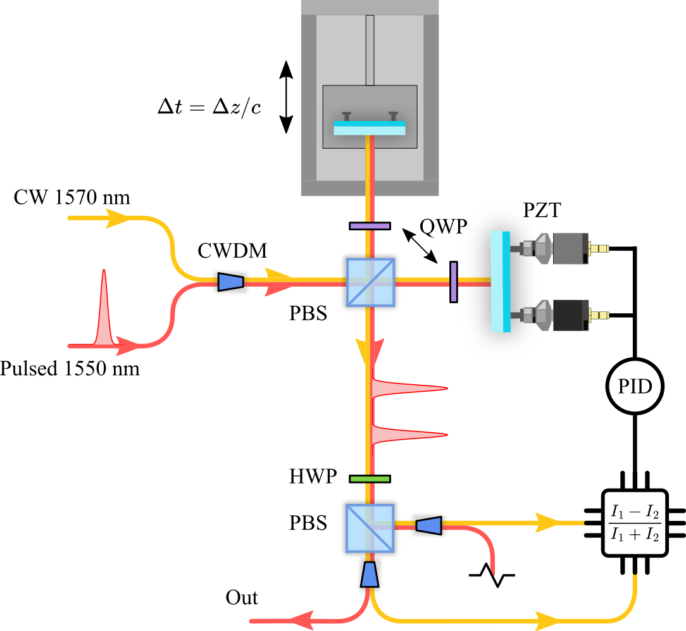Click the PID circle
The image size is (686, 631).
pyautogui.click(x=635, y=387)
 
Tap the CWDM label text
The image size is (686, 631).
pyautogui.click(x=232, y=251)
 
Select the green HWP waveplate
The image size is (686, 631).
pyautogui.click(x=370, y=478)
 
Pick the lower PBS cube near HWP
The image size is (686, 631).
pyautogui.click(x=370, y=529)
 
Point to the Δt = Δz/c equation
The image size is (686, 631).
pyautogui.click(x=209, y=106)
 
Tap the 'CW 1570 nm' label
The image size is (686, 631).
pyautogui.click(x=72, y=198)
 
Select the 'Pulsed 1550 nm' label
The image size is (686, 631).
pyautogui.click(x=70, y=368)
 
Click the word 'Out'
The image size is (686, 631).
pyautogui.click(x=242, y=597)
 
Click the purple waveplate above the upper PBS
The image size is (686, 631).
pyautogui.click(x=370, y=225)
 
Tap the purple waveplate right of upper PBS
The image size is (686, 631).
pyautogui.click(x=454, y=282)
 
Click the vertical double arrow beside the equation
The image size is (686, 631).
pyautogui.click(x=286, y=97)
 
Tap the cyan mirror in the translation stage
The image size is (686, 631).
pyautogui.click(x=370, y=128)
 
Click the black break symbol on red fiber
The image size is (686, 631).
pyautogui.click(x=492, y=575)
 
